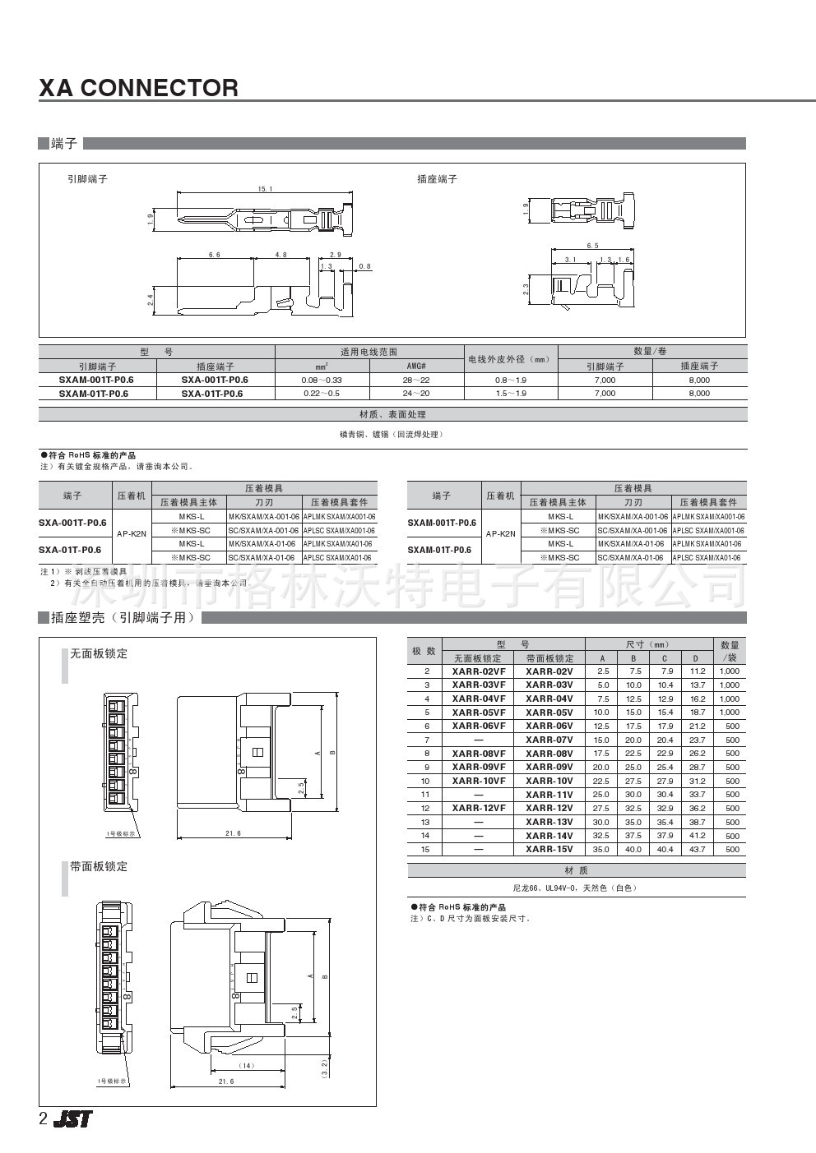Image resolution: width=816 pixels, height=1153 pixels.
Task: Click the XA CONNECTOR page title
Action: pyautogui.click(x=138, y=88)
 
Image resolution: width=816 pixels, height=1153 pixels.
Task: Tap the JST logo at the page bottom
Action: pyautogui.click(x=73, y=1118)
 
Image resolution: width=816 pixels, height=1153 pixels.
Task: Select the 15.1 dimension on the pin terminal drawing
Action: pyautogui.click(x=265, y=190)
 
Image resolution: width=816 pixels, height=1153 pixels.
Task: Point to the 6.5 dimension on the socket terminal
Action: pyautogui.click(x=592, y=246)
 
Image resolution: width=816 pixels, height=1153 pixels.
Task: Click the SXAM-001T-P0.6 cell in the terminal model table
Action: pyautogui.click(x=96, y=380)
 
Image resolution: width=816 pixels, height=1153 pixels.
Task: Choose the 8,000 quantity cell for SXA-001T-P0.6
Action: pyautogui.click(x=698, y=380)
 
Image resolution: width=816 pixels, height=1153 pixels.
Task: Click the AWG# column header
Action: pyautogui.click(x=416, y=366)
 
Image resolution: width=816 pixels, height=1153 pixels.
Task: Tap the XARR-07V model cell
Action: pyautogui.click(x=549, y=740)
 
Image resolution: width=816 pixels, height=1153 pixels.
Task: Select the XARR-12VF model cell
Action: pyautogui.click(x=479, y=808)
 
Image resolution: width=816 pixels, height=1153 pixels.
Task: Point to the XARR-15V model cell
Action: pyautogui.click(x=549, y=849)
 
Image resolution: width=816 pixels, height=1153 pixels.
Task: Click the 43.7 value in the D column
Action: pyautogui.click(x=697, y=849)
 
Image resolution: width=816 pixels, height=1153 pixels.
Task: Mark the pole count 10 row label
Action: pyautogui.click(x=425, y=781)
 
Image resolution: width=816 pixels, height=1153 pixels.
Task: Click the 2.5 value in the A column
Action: pyautogui.click(x=603, y=671)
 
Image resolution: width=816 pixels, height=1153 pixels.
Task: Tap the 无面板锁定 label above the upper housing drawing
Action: pyautogui.click(x=99, y=654)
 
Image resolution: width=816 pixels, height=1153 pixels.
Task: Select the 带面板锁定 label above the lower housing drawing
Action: pyautogui.click(x=99, y=866)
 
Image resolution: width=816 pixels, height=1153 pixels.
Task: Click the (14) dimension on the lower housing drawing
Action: pyautogui.click(x=246, y=1066)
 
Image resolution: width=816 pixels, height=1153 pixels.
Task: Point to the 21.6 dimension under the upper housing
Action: pyautogui.click(x=233, y=833)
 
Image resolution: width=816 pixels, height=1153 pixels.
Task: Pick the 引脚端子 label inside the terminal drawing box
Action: pyautogui.click(x=87, y=179)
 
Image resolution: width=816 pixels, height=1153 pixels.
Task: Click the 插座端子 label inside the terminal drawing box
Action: pyautogui.click(x=437, y=179)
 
